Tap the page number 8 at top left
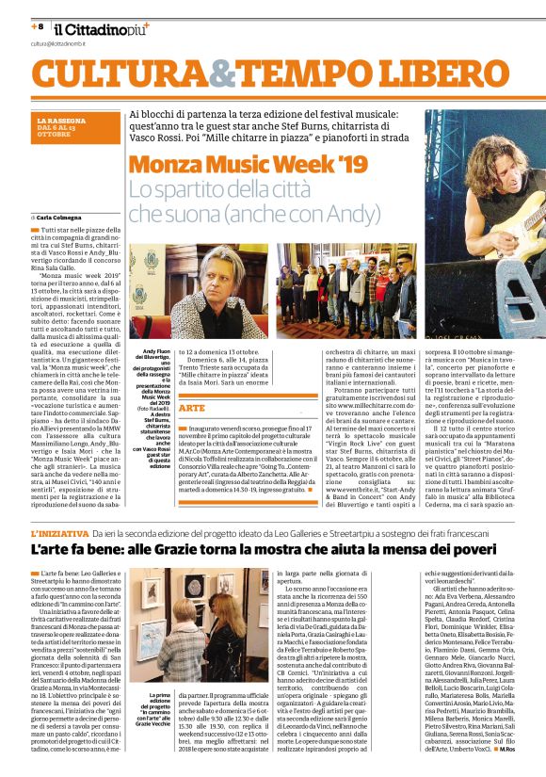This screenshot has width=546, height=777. click(x=40, y=25)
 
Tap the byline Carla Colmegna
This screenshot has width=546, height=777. click(x=65, y=218)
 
